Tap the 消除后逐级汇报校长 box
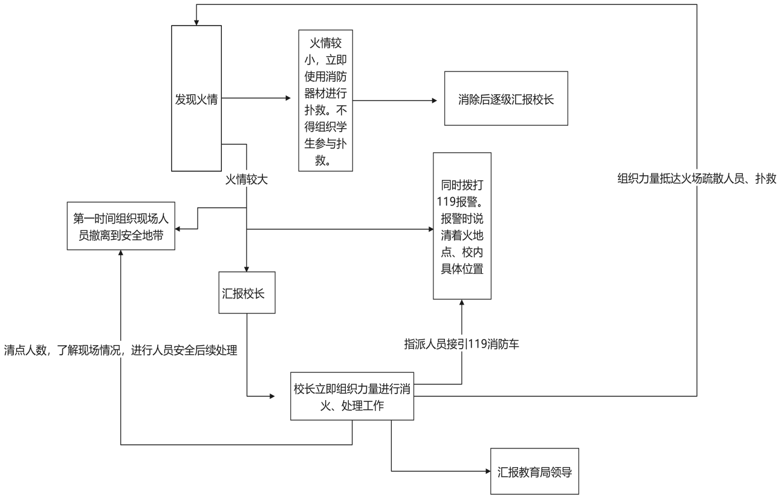point(506,99)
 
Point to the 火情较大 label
point(246,180)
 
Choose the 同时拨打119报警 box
point(462,225)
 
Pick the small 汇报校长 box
point(247,293)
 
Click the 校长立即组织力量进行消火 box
point(352,396)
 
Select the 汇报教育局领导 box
point(534,472)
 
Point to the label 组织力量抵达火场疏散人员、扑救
point(696,179)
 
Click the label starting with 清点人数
point(120,349)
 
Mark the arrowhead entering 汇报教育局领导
point(487,471)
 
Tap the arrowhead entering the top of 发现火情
point(195,22)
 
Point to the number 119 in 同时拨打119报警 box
point(446,201)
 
